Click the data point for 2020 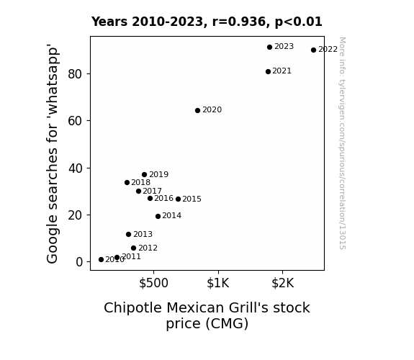click(x=197, y=110)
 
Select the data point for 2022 click(x=313, y=50)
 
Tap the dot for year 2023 click(x=269, y=47)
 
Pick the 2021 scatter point click(x=268, y=71)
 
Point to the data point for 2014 click(x=158, y=216)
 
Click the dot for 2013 click(x=129, y=234)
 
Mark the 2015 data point click(x=179, y=199)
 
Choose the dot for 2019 click(x=144, y=174)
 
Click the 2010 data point click(x=101, y=260)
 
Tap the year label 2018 click(x=140, y=182)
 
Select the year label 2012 click(x=148, y=248)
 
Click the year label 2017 click(x=153, y=191)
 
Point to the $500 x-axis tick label click(x=153, y=283)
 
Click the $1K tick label click(x=218, y=283)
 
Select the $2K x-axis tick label click(x=282, y=283)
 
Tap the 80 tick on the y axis click(x=75, y=74)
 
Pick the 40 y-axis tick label click(x=76, y=168)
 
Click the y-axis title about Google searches click(x=52, y=153)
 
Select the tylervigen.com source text click(x=342, y=143)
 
